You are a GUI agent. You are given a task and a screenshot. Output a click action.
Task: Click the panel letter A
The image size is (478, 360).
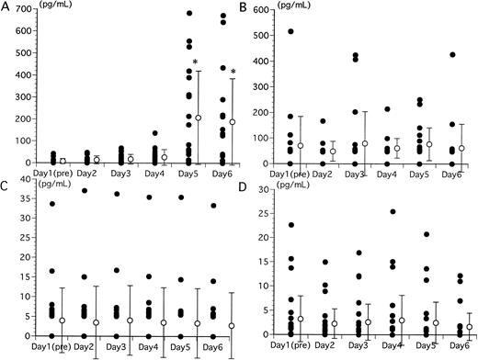(x=6, y=7)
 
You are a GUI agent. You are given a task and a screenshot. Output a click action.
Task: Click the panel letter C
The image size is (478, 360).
(x=6, y=183)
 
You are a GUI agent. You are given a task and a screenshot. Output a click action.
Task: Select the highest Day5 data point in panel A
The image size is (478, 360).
(x=188, y=14)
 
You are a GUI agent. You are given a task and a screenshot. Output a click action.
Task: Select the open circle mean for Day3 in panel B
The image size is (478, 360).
(x=363, y=144)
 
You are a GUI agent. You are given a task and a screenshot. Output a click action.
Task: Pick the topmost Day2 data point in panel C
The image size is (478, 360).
(x=85, y=190)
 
